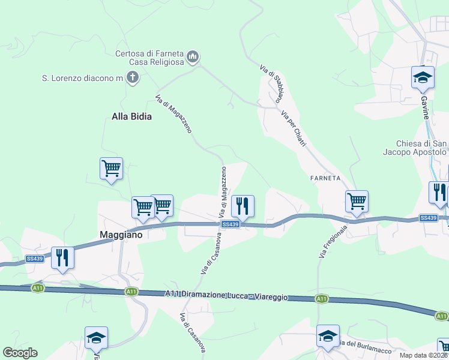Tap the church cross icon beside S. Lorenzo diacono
pyautogui.click(x=133, y=77)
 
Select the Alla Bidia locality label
pyautogui.click(x=131, y=116)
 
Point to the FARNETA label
pyautogui.click(x=326, y=178)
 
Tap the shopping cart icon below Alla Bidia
pyautogui.click(x=111, y=169)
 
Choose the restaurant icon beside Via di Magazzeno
pyautogui.click(x=243, y=206)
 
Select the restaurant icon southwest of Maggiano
pyautogui.click(x=62, y=257)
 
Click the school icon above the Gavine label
pyautogui.click(x=423, y=77)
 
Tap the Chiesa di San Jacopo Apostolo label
pyautogui.click(x=422, y=148)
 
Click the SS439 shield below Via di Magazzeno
pyautogui.click(x=231, y=224)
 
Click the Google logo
pyautogui.click(x=20, y=353)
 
